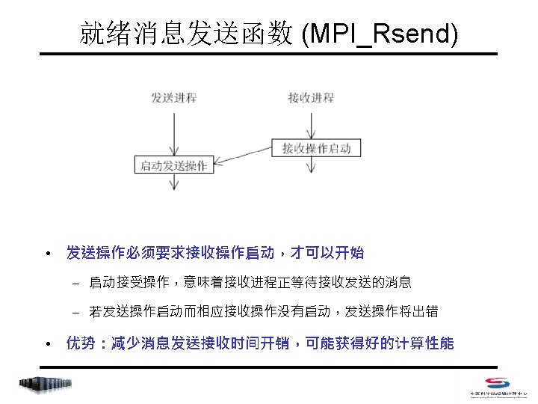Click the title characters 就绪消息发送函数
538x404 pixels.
pos(187,34)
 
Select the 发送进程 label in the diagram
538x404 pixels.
pos(174,98)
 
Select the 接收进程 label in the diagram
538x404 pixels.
pos(310,98)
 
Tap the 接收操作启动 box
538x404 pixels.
pos(317,147)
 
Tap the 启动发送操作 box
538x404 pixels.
pos(174,165)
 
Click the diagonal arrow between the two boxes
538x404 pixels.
pos(242,156)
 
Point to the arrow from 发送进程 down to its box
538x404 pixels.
pos(174,131)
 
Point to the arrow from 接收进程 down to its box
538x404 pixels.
pos(310,122)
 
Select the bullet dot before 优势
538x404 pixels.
pos(47,344)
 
